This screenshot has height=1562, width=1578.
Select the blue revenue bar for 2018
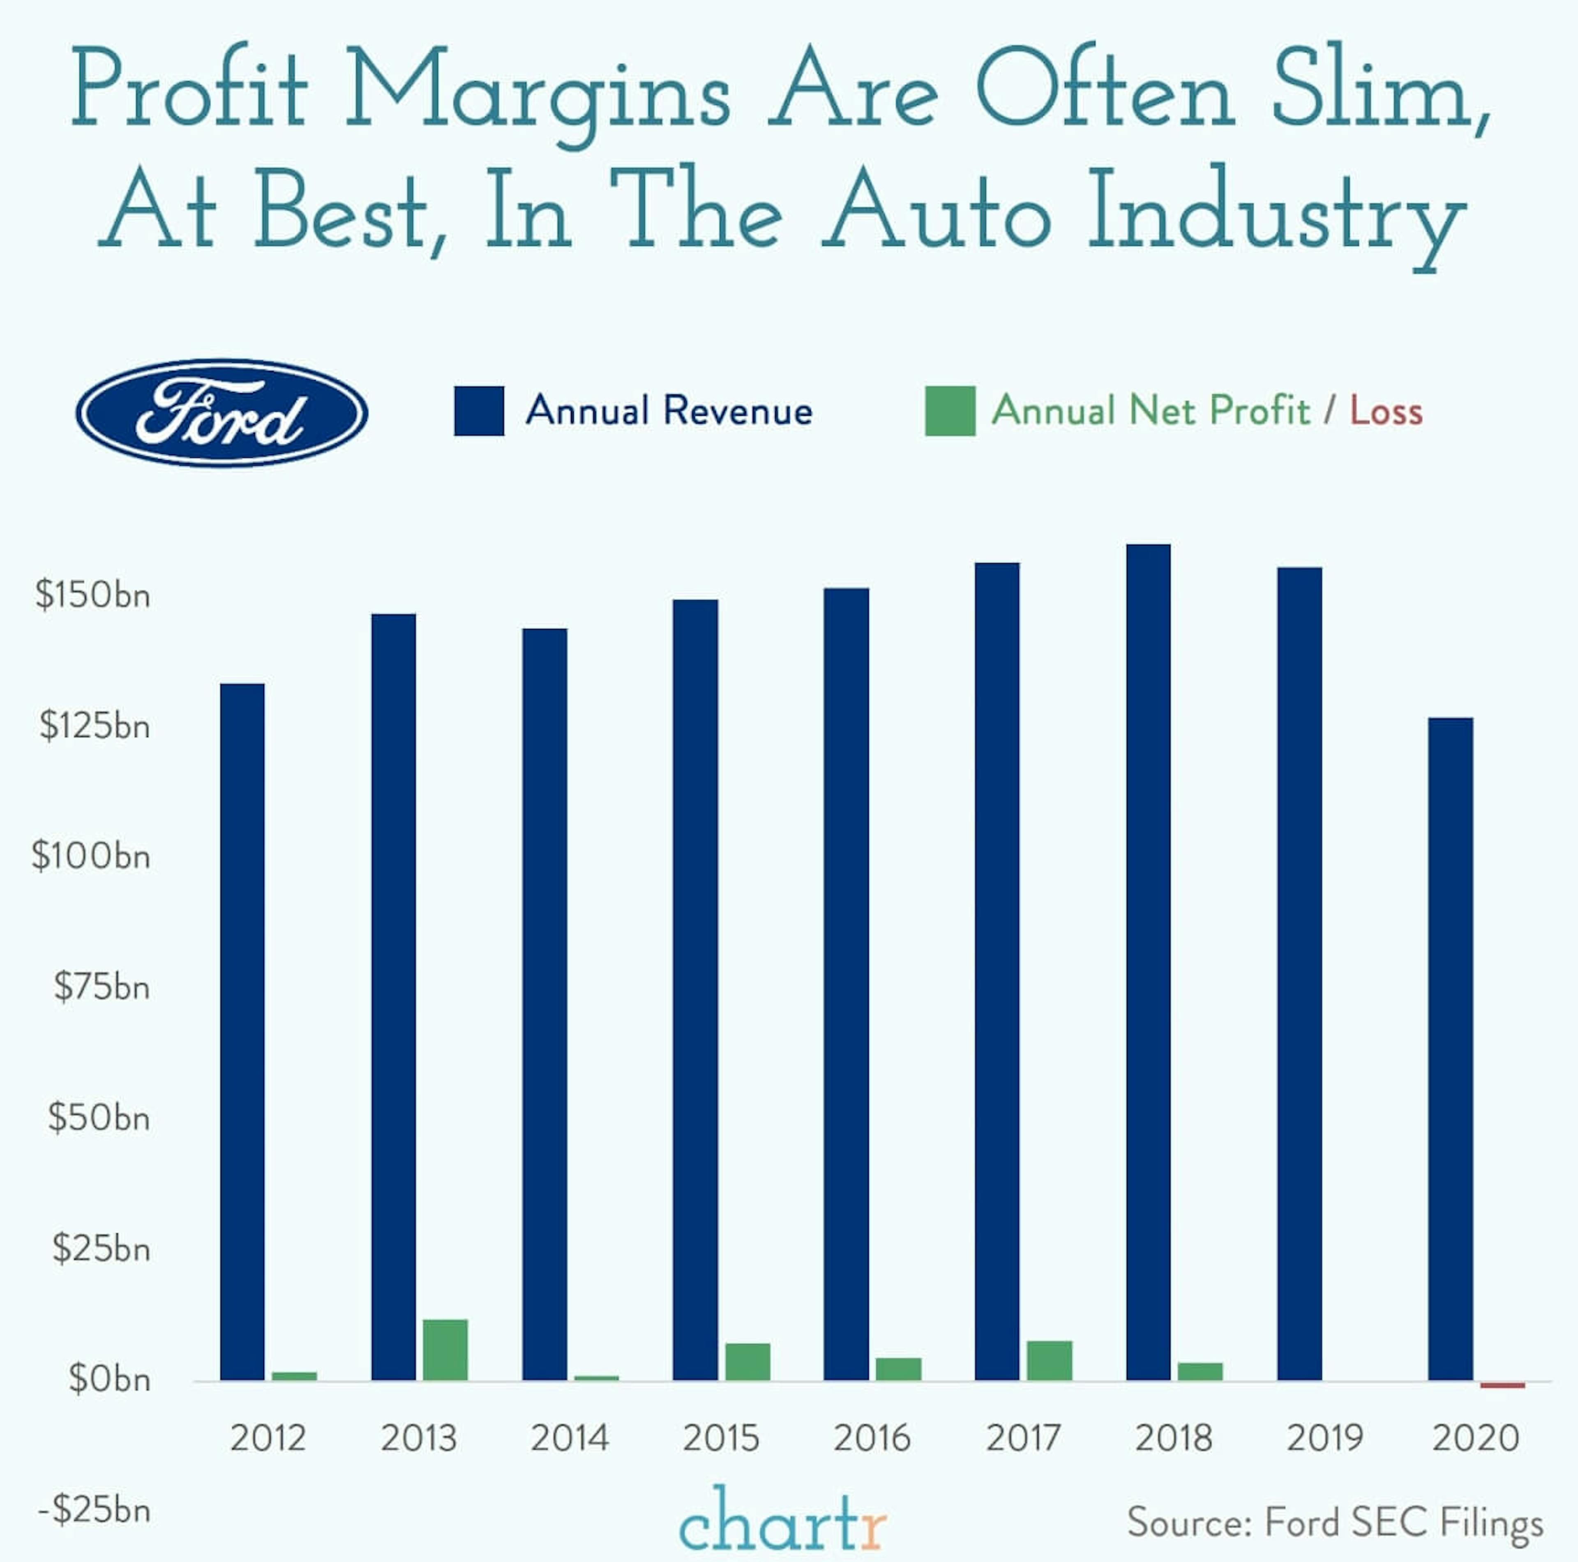(1148, 963)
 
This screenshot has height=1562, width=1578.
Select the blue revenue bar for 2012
(242, 1033)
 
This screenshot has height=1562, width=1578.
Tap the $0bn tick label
(109, 1380)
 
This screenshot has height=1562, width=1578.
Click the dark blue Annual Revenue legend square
(479, 411)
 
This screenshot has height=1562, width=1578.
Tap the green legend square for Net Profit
(950, 411)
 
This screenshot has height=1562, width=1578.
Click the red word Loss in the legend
(1386, 411)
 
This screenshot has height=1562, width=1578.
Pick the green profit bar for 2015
(747, 1362)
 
